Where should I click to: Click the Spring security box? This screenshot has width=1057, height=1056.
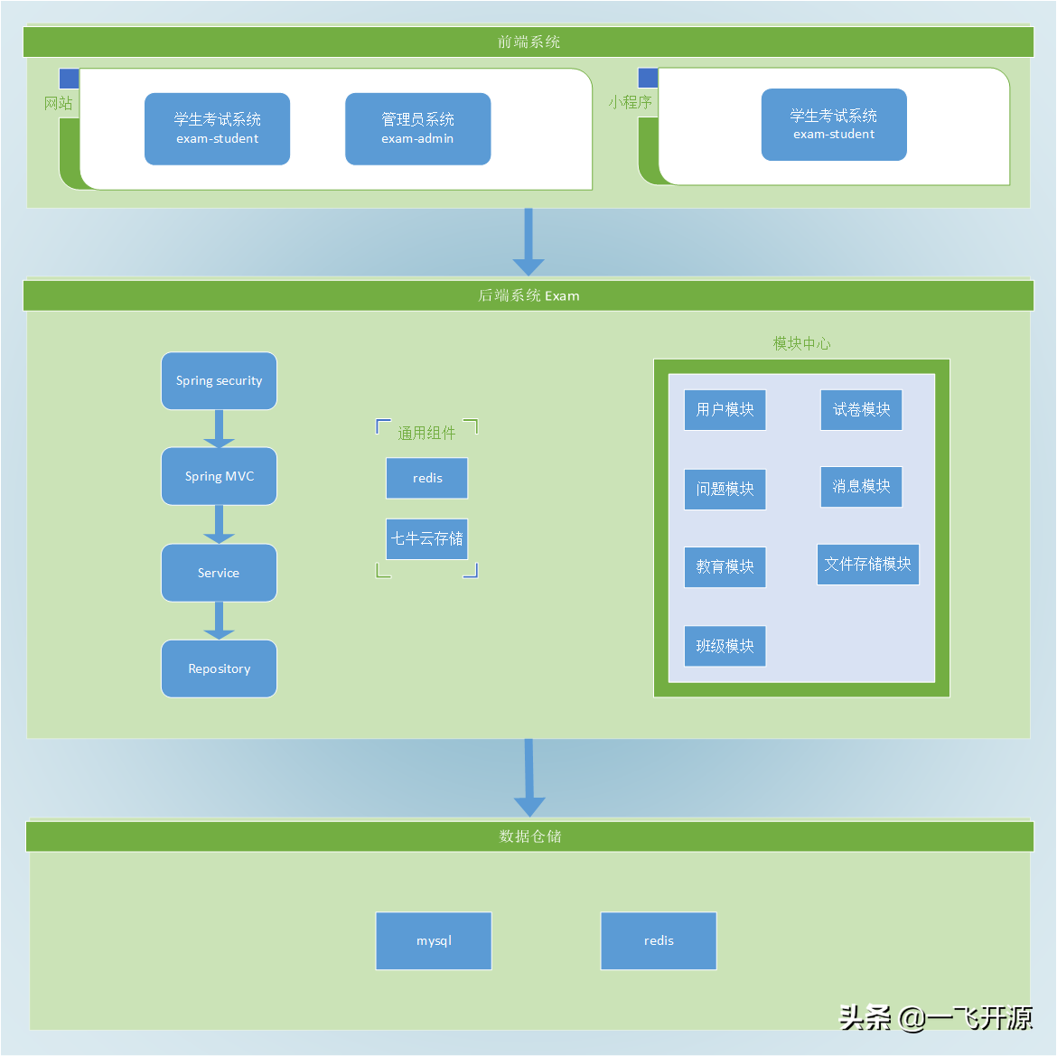219,381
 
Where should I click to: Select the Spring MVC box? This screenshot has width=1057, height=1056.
219,476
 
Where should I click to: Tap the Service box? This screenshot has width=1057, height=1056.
219,573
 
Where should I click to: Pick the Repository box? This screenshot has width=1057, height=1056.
219,668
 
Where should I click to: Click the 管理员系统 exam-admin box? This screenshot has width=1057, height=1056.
417,128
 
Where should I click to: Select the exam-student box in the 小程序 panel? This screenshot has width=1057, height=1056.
834,125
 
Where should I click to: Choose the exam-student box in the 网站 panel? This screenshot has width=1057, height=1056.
217,128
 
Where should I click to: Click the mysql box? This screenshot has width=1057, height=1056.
434,940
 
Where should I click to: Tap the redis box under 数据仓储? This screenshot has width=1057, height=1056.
659,940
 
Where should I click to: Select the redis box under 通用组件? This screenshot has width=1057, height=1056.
427,478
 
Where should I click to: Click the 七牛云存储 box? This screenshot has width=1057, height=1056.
427,538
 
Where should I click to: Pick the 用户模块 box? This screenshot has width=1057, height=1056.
725,409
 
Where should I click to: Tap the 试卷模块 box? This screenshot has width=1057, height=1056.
861,409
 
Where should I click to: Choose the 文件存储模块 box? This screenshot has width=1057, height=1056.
867,564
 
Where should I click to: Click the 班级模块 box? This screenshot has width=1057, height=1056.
725,646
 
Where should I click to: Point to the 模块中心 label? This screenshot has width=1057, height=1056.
801,343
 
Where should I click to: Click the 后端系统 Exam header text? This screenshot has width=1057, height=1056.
528,295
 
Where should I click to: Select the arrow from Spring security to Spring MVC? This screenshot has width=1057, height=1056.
219,429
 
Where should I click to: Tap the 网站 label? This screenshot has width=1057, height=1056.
59,103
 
